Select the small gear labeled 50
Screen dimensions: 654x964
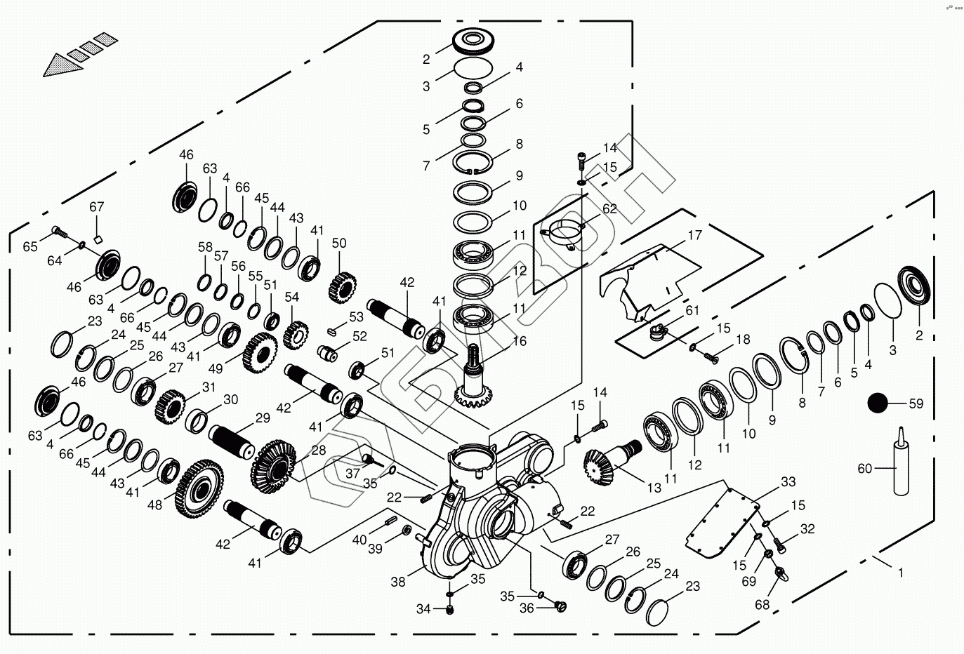341,285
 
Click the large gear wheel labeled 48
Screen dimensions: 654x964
199,485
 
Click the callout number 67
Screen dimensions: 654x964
96,207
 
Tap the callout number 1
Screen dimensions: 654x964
900,573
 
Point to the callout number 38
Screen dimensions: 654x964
398,582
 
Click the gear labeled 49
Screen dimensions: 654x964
259,353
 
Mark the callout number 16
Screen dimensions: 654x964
519,342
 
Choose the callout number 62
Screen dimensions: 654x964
609,208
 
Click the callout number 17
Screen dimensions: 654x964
694,235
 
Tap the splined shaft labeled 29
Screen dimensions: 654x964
235,440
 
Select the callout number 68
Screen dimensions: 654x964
762,604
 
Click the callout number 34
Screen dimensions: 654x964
423,609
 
